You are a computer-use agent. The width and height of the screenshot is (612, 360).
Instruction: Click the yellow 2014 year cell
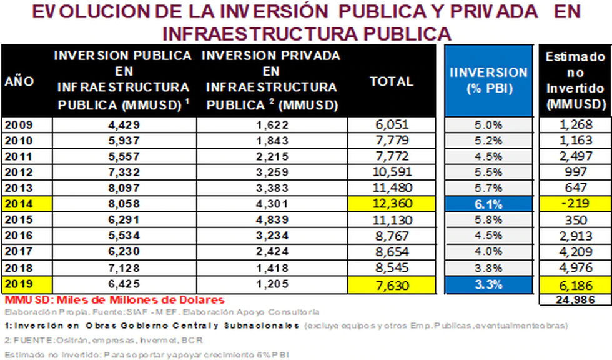pos(26,204)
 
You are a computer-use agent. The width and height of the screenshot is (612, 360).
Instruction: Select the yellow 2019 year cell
pos(26,284)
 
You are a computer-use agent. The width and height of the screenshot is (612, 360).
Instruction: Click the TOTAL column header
pos(392,81)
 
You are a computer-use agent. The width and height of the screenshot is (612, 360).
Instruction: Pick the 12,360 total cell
pos(392,204)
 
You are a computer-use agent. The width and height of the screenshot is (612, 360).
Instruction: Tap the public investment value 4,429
pos(127,123)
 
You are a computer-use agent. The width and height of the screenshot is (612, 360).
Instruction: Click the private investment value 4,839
pos(272,220)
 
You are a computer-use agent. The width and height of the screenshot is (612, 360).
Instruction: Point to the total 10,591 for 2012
pos(392,172)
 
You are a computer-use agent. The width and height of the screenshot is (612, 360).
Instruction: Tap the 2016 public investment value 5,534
pos(127,236)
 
